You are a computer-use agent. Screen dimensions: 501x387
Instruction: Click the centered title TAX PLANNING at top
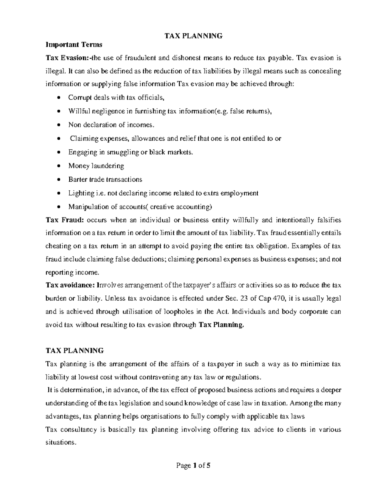[x=193, y=36]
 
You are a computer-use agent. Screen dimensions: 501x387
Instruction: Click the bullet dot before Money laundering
[x=58, y=166]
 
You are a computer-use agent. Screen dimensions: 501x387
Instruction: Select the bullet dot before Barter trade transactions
[x=58, y=180]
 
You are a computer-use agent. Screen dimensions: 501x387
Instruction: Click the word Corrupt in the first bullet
[x=79, y=97]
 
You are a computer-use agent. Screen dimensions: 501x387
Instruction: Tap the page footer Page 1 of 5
[x=193, y=466]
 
